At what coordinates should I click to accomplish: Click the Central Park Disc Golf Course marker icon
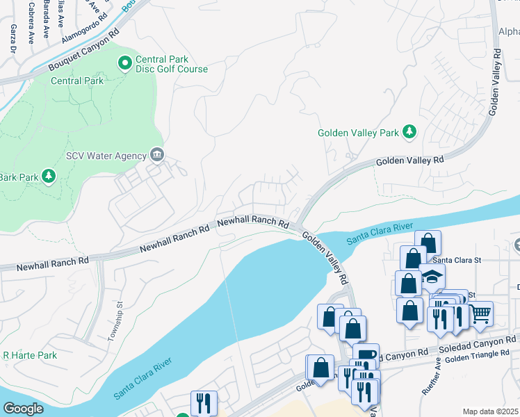click(x=125, y=64)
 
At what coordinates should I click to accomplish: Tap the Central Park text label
click(x=77, y=81)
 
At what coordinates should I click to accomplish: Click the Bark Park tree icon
click(x=49, y=176)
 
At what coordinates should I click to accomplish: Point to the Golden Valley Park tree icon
click(x=410, y=131)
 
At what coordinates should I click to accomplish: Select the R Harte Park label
click(x=29, y=355)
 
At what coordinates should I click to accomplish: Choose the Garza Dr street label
click(x=13, y=39)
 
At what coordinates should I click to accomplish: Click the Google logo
click(x=23, y=409)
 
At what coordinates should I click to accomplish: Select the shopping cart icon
click(x=480, y=314)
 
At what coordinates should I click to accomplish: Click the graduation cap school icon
click(x=432, y=276)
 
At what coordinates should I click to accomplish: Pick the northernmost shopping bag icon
click(x=428, y=243)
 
